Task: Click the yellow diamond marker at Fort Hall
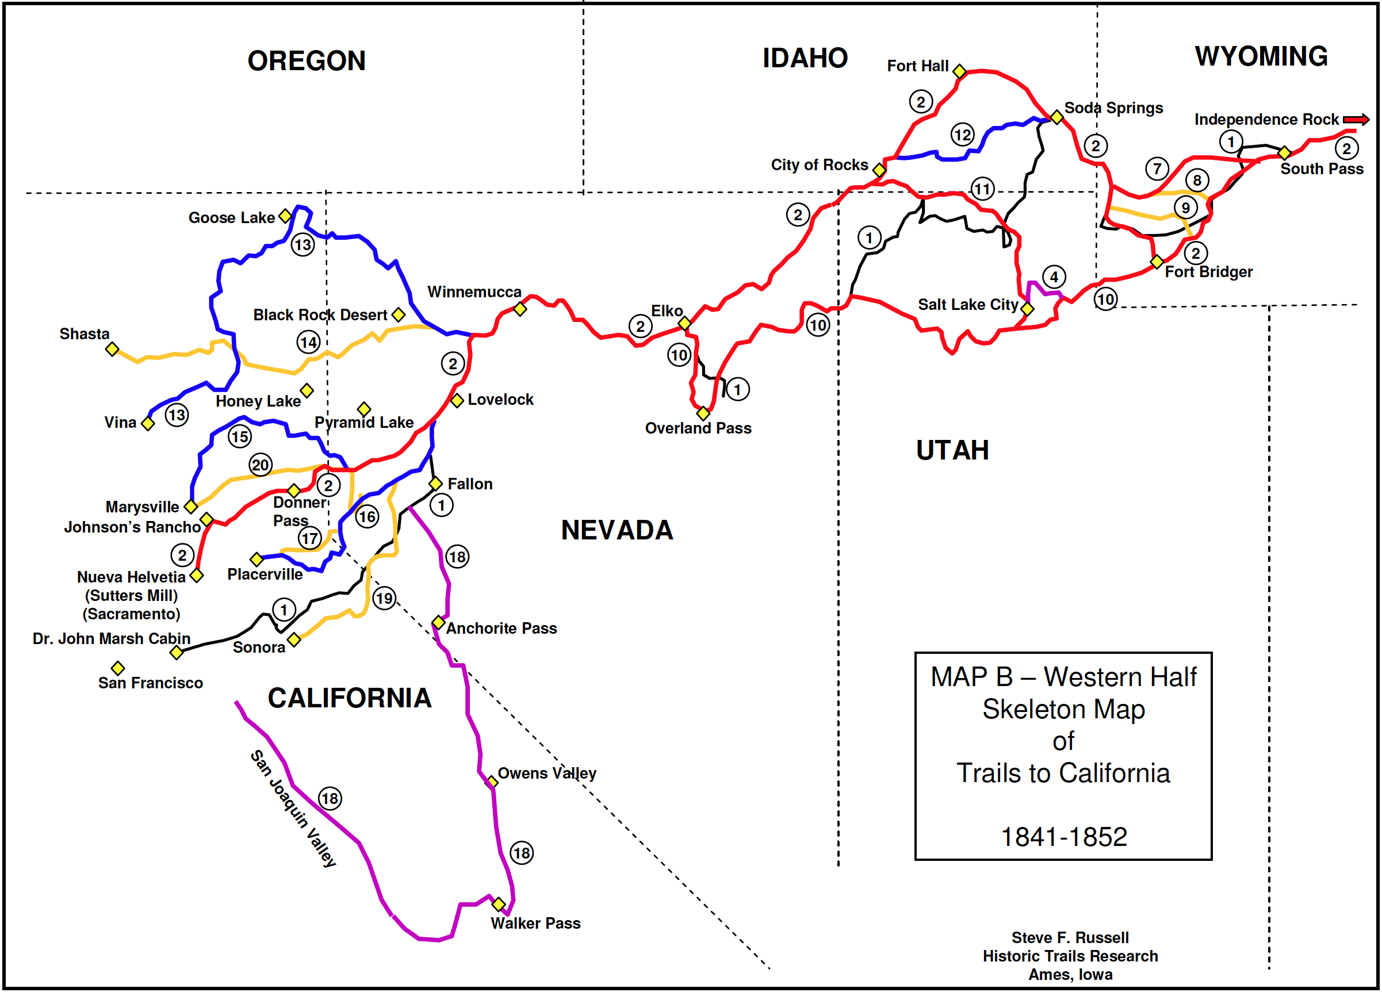tap(959, 71)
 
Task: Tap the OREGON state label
tap(307, 61)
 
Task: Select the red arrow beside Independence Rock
tap(1356, 120)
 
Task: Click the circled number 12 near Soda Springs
tap(962, 135)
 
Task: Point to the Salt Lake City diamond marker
tap(1027, 309)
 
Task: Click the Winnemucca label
tap(474, 292)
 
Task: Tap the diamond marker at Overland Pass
tap(703, 413)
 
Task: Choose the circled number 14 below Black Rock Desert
tap(308, 342)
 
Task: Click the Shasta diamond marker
tap(112, 349)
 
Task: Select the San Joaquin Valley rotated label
tap(293, 808)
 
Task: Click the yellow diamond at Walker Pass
tap(499, 903)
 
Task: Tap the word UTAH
tap(952, 450)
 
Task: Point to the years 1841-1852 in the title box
tap(1064, 837)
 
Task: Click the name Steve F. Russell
tap(1070, 937)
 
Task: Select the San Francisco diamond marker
tap(117, 668)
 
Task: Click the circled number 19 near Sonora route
tap(384, 599)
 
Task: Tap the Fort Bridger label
tap(1208, 272)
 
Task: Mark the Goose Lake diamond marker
tap(285, 216)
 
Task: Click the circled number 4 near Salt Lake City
tap(1054, 277)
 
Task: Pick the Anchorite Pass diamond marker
tap(438, 623)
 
